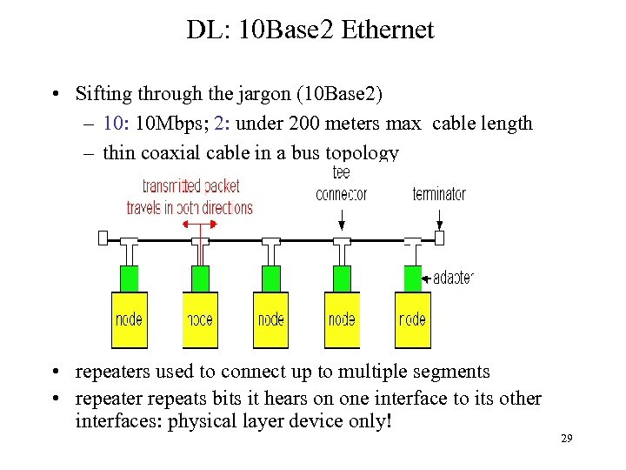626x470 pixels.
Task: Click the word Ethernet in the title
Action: [388, 30]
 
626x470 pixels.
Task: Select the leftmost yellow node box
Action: [129, 319]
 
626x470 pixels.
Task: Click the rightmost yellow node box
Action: [412, 319]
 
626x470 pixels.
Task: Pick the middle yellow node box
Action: [270, 319]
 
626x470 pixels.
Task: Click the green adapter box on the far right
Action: [412, 279]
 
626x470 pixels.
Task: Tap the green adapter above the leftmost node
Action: [129, 279]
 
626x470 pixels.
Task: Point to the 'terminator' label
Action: [439, 194]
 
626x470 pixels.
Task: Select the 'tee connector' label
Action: [342, 184]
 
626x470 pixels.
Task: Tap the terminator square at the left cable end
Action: [103, 238]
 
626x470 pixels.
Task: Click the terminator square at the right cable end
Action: [439, 238]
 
